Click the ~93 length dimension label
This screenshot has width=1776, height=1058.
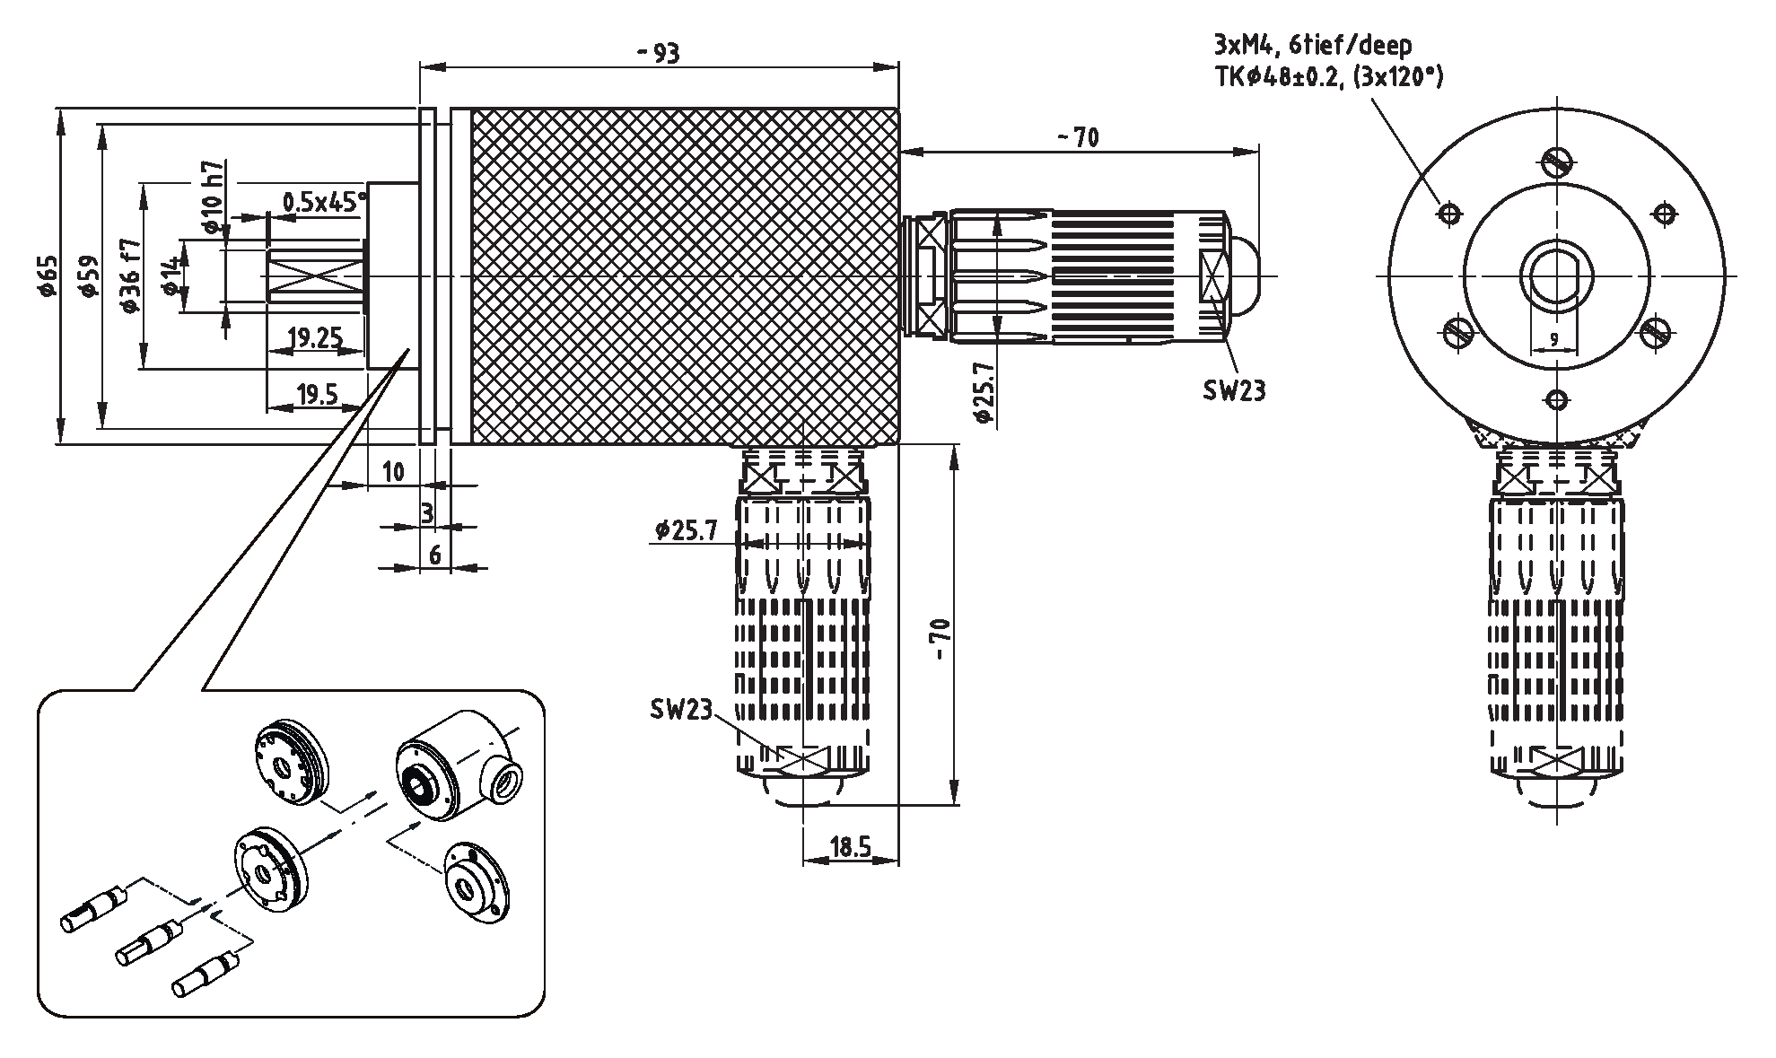coord(659,54)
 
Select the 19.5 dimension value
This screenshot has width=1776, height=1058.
coord(316,394)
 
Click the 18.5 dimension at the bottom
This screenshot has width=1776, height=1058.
coord(850,847)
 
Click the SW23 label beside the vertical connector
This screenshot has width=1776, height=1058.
coord(680,710)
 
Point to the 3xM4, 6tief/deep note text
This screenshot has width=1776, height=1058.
coord(1312,45)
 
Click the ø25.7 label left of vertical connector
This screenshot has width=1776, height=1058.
coord(686,530)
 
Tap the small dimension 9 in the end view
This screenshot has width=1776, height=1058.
coord(1553,340)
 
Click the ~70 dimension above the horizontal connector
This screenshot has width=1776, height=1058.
coord(1077,137)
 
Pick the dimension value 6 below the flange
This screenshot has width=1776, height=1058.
coord(435,555)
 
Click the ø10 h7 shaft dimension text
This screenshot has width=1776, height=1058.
coord(213,196)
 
